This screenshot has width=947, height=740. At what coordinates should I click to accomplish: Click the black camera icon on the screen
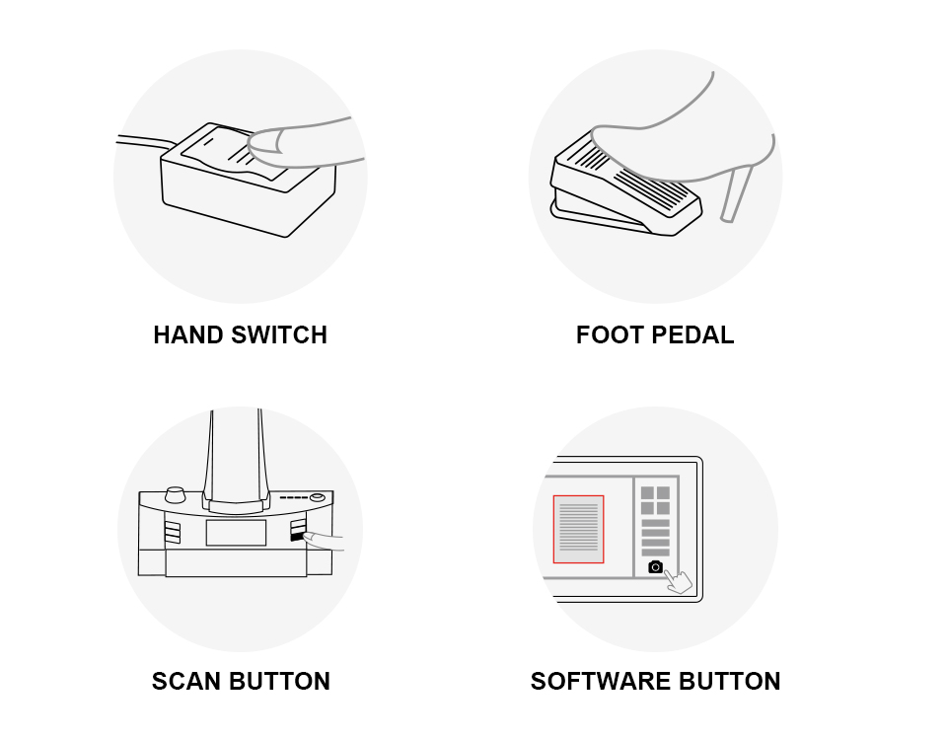656,566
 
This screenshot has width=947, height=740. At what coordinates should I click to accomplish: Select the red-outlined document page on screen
578,529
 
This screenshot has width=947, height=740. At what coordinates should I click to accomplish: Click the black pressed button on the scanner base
296,537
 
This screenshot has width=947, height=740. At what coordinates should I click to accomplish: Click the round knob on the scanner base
176,493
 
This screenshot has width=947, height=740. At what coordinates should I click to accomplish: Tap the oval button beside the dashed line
318,497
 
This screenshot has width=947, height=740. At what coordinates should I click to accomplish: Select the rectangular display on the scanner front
236,533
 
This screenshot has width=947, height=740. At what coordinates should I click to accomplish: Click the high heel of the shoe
736,192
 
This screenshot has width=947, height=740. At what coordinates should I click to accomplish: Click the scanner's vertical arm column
235,454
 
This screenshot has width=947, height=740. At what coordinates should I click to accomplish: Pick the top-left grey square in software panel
648,492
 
